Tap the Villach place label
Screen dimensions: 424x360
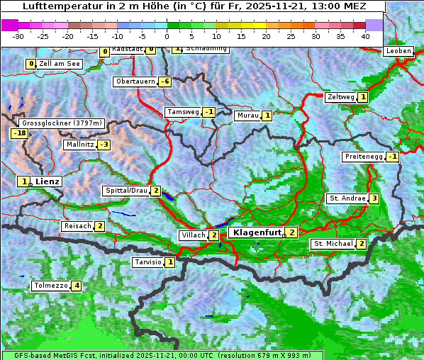193,235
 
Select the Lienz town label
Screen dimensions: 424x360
48,181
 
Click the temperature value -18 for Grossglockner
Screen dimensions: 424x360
19,133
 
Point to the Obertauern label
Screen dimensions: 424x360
135,81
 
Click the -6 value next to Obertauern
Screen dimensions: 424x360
164,81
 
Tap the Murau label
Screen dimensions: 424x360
247,116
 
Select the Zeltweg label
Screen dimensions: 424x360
340,97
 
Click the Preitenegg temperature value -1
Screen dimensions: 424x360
392,157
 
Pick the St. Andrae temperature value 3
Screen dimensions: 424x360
374,198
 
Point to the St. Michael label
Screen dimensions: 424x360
333,244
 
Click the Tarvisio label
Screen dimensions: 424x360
148,262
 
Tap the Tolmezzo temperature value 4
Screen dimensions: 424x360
77,286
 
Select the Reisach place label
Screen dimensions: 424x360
78,226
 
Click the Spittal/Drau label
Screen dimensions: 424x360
126,191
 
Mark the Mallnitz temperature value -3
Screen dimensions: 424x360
104,145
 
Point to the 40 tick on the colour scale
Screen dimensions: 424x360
365,35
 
